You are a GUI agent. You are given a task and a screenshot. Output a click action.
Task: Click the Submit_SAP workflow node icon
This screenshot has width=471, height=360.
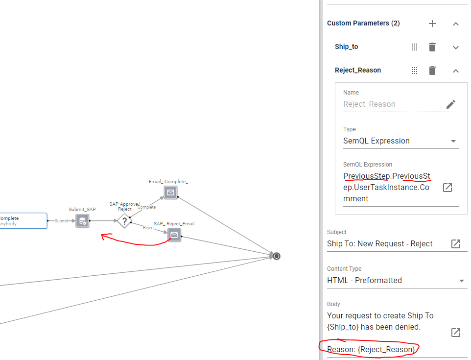83,221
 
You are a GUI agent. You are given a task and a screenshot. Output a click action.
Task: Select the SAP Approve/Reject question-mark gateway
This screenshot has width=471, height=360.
124,220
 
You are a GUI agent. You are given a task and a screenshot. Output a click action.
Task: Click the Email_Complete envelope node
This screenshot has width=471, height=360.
170,192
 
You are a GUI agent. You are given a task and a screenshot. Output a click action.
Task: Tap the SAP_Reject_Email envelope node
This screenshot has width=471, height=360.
174,235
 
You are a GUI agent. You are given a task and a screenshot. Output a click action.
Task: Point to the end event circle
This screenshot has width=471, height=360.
277,256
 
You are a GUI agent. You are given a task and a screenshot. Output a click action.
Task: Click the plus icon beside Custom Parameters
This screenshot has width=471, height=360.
432,24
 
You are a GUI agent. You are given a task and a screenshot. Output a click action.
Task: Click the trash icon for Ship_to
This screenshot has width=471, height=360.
432,47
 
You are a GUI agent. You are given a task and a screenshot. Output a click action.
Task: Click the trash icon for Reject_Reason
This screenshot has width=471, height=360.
432,71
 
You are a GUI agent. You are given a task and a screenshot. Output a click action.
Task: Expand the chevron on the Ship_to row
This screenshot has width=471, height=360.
456,47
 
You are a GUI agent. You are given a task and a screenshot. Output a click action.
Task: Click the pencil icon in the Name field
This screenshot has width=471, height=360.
451,104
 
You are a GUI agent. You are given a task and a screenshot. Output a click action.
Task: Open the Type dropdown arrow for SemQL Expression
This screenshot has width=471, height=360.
453,141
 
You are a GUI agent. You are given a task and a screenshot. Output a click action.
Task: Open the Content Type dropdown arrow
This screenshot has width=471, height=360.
462,281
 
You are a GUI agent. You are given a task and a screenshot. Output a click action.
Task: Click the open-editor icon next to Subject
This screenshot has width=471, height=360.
456,244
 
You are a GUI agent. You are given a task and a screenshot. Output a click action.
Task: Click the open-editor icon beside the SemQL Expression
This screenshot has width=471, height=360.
447,188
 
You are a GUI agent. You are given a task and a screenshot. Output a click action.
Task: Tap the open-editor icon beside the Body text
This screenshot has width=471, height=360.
456,333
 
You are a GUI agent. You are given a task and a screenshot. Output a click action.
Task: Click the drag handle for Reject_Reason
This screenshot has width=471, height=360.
415,71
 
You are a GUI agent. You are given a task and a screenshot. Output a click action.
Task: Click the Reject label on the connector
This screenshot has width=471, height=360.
149,228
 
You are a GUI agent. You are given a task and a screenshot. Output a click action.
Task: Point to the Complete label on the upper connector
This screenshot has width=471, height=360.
146,207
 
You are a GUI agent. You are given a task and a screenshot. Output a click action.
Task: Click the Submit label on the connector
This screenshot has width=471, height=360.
61,221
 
